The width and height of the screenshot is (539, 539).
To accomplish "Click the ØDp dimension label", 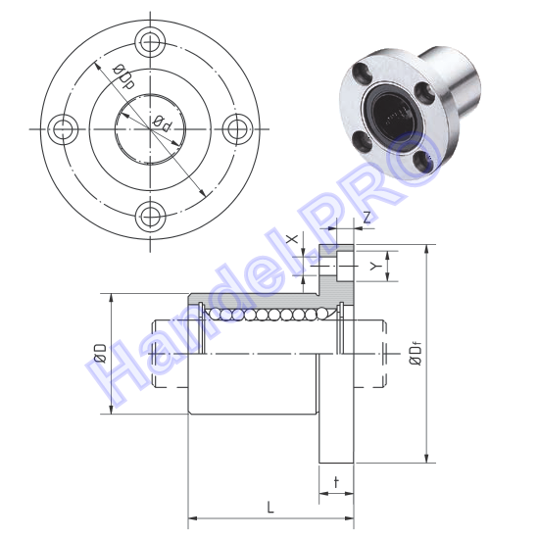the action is pyautogui.click(x=123, y=76).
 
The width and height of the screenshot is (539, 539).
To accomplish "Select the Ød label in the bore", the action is pyautogui.click(x=162, y=123).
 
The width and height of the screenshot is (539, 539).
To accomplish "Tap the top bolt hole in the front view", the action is pyautogui.click(x=150, y=43).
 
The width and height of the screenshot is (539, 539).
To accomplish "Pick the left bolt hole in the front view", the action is pyautogui.click(x=64, y=129).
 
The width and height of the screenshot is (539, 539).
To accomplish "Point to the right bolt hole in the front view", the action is pyautogui.click(x=237, y=129).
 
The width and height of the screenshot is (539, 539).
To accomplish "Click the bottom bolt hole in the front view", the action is pyautogui.click(x=150, y=217).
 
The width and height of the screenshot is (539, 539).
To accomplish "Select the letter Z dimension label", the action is pyautogui.click(x=367, y=218).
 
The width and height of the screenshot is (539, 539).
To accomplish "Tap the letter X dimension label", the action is pyautogui.click(x=293, y=238).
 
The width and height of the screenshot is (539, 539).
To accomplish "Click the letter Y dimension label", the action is pyautogui.click(x=375, y=266).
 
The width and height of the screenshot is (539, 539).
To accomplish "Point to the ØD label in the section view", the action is pyautogui.click(x=100, y=353).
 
